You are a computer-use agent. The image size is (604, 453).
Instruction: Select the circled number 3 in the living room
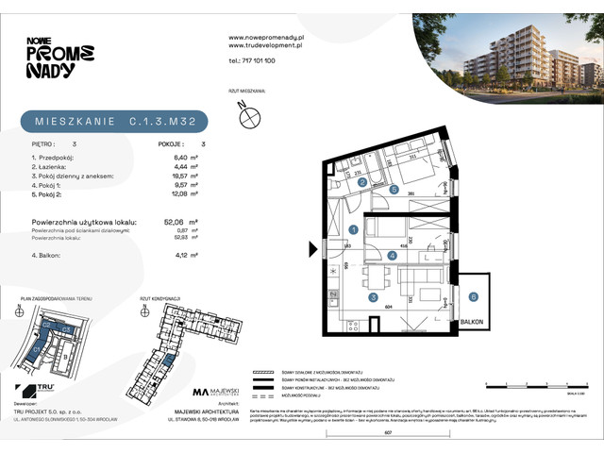[x=373, y=297]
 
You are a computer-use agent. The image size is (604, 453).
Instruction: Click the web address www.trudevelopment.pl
[x=266, y=44]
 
